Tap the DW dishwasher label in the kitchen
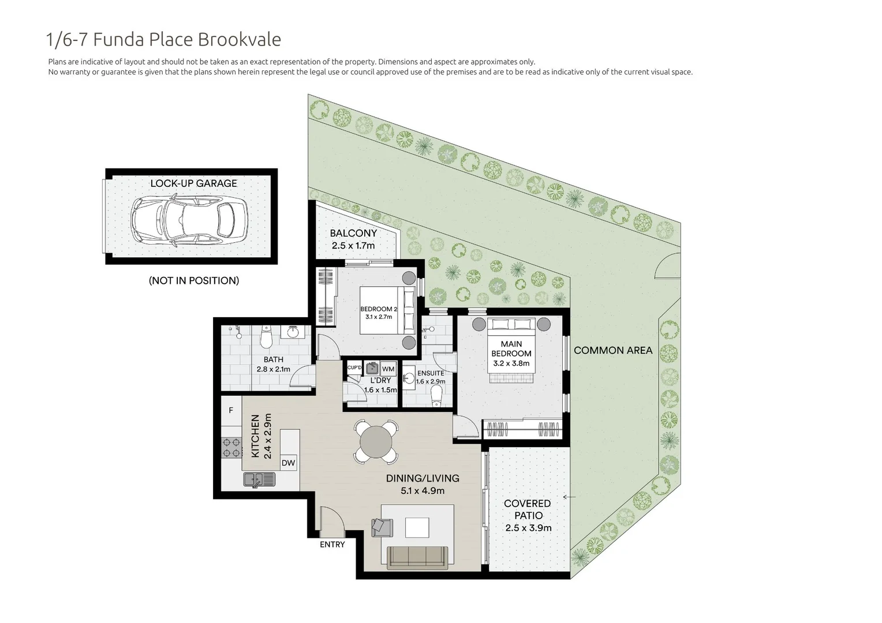pos(288,463)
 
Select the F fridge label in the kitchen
pos(231,411)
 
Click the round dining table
pos(376,442)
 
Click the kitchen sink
pos(259,479)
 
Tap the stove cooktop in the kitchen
pos(232,448)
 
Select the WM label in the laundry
pos(388,369)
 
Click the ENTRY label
pos(332,545)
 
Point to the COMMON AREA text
pos(613,350)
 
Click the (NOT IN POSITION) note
pos(193,281)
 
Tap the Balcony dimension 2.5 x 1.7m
pos(353,246)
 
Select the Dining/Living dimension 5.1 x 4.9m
pos(423,491)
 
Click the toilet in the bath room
pos(266,338)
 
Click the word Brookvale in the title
pos(240,39)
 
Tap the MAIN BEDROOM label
pos(511,348)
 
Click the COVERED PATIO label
pos(528,509)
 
